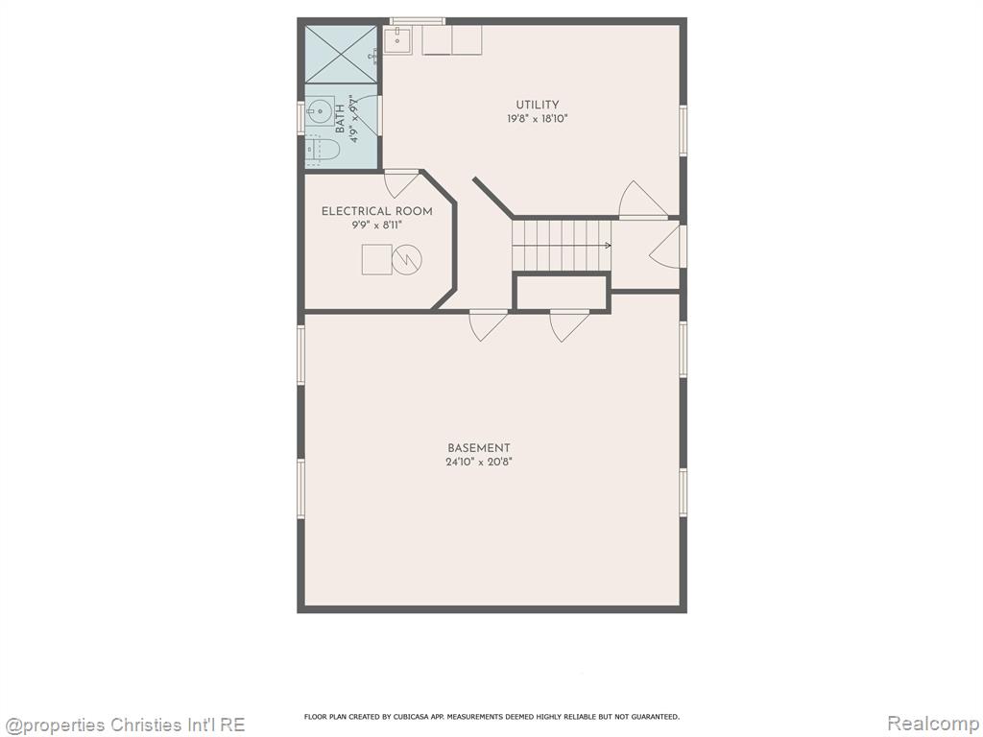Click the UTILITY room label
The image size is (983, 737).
pyautogui.click(x=538, y=105)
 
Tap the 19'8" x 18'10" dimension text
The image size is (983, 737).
pyautogui.click(x=538, y=118)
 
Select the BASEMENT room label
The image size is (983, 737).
pyautogui.click(x=479, y=448)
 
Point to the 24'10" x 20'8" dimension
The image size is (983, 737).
pyautogui.click(x=479, y=462)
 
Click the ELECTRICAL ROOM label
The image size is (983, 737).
pyautogui.click(x=376, y=211)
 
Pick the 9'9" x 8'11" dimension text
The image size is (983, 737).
pyautogui.click(x=376, y=225)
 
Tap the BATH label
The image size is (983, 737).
pyautogui.click(x=340, y=119)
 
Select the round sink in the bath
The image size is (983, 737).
pyautogui.click(x=321, y=112)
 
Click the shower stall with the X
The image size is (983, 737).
pyautogui.click(x=341, y=54)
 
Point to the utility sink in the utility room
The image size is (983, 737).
pyautogui.click(x=397, y=40)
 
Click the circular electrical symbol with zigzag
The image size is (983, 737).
pyautogui.click(x=407, y=259)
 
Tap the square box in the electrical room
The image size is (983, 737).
pyautogui.click(x=377, y=259)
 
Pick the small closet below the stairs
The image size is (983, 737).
pyautogui.click(x=562, y=292)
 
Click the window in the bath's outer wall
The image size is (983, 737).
pyautogui.click(x=300, y=117)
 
